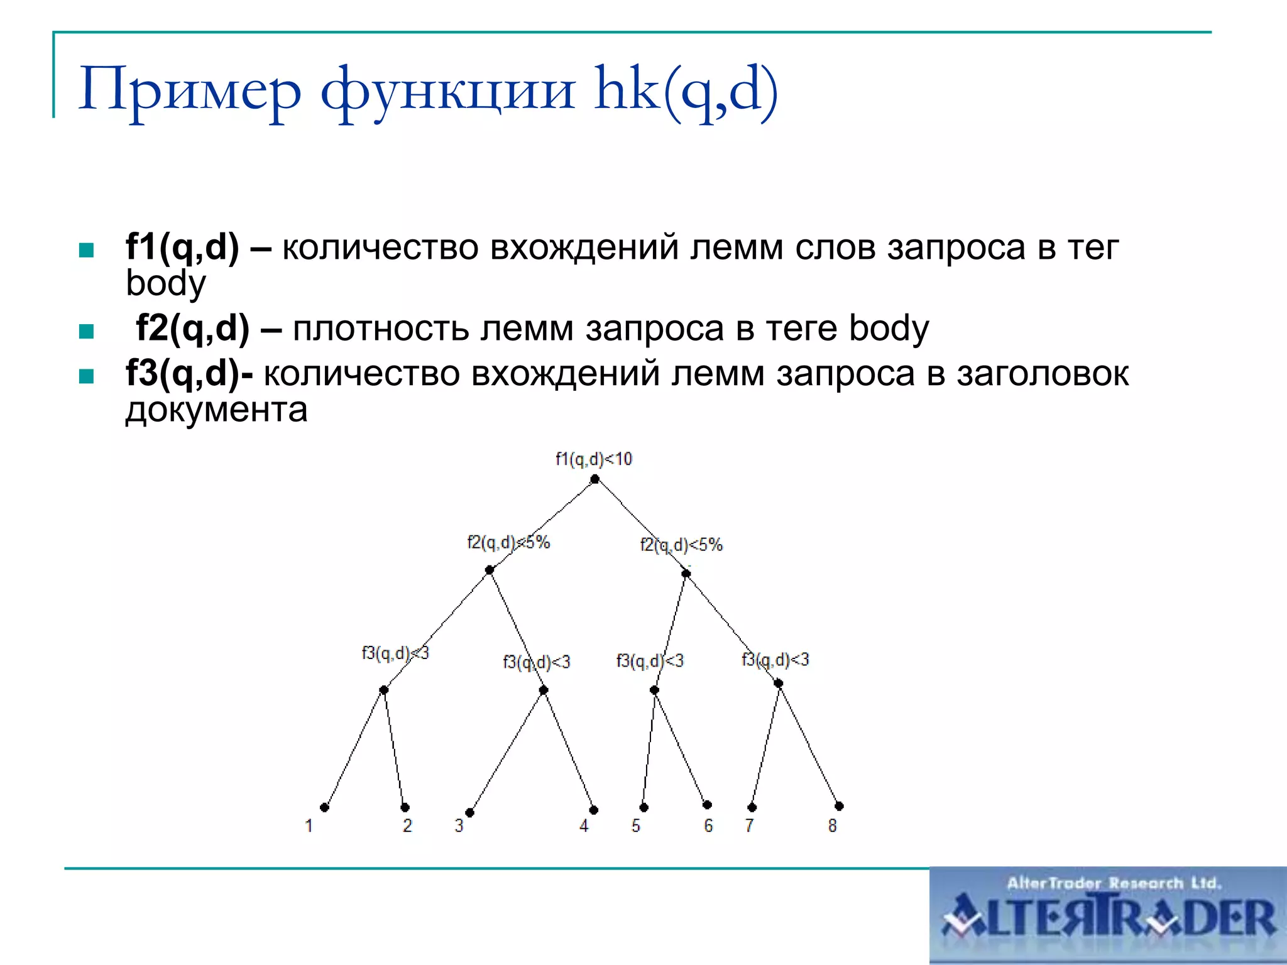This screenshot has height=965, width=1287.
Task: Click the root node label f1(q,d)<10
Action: click(593, 459)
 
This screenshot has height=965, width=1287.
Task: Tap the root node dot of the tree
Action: click(594, 479)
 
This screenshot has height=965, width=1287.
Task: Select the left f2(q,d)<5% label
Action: click(508, 542)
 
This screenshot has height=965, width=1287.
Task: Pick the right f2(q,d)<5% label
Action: click(681, 545)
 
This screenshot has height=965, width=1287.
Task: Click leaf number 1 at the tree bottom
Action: click(309, 826)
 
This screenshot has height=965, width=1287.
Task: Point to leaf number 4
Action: click(584, 826)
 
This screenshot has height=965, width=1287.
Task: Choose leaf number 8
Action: click(832, 826)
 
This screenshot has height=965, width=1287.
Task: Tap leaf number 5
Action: click(636, 826)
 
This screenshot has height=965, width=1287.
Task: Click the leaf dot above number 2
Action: click(405, 807)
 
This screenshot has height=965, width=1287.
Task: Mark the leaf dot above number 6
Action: click(707, 805)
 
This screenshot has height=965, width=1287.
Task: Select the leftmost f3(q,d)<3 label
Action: click(395, 653)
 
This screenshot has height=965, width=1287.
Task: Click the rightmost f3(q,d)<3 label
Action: click(775, 660)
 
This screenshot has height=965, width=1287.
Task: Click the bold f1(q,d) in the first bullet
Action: click(182, 246)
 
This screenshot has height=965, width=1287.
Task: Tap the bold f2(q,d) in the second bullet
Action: click(192, 327)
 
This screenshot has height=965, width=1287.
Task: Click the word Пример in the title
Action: click(190, 90)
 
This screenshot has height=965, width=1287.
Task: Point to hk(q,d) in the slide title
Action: click(686, 90)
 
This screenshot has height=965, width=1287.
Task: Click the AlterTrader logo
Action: click(1108, 915)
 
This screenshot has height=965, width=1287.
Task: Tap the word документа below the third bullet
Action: click(216, 410)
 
